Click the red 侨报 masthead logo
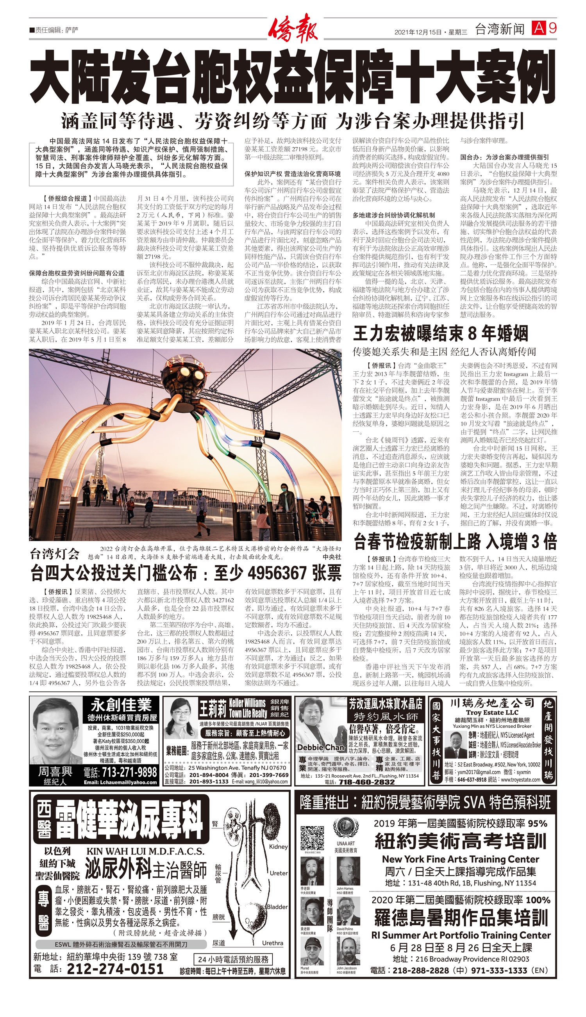coord(293,28)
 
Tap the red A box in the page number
coord(538,28)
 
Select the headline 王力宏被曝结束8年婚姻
coord(441,334)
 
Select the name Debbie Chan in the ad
coord(321,747)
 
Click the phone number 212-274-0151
coord(115,968)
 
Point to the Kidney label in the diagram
coord(278,846)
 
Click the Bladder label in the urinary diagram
coord(277,907)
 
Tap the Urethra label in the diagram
coord(272,943)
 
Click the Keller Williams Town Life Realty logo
coord(248,709)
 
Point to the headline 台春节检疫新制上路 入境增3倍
coord(455,542)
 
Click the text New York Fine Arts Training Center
coord(461,859)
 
